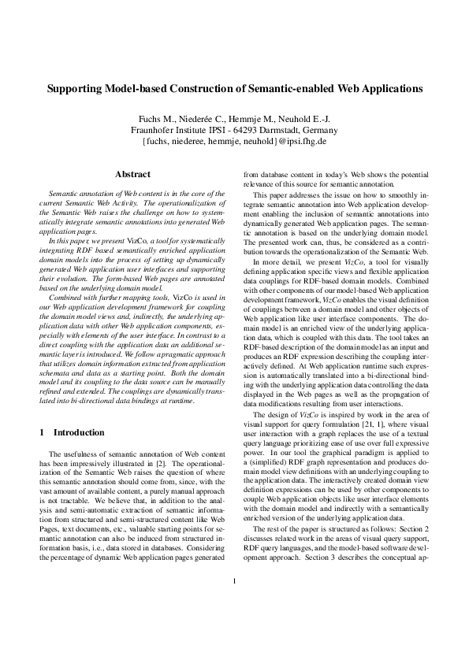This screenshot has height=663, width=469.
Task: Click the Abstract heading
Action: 132,173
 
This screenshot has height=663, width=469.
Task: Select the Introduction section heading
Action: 78,432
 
